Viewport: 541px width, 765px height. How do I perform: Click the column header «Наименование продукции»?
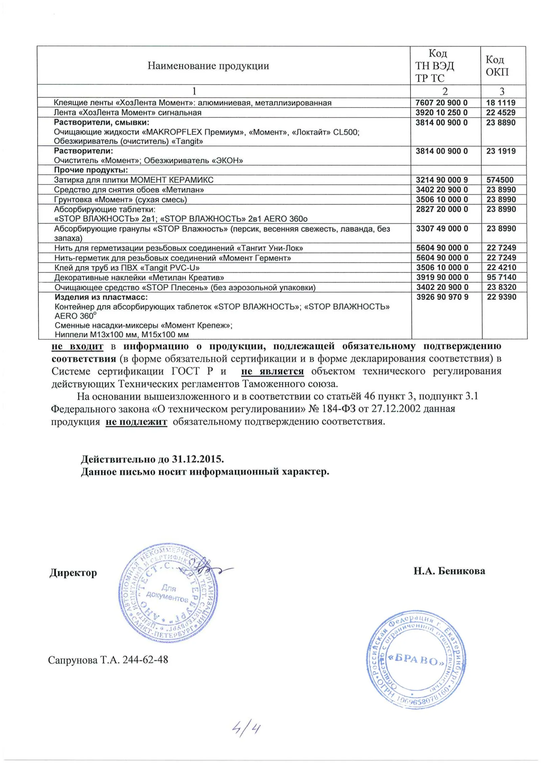(x=208, y=66)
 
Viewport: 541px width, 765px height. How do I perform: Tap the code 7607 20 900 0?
(x=441, y=103)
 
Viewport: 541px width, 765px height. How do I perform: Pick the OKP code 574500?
(x=500, y=180)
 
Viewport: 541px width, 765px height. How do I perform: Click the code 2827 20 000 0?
(x=442, y=209)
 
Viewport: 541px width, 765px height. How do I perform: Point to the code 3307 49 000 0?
(x=442, y=229)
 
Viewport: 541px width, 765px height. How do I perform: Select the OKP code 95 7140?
(x=501, y=277)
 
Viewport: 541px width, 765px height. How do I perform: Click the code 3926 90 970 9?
(x=442, y=297)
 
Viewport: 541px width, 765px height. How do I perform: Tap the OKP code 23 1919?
(x=501, y=151)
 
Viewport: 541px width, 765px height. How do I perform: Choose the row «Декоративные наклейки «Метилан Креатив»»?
(x=139, y=278)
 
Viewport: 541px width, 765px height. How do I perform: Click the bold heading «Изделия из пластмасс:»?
(x=101, y=297)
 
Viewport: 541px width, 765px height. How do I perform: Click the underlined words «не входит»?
(x=77, y=346)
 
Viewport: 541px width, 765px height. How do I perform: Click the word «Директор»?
(x=73, y=573)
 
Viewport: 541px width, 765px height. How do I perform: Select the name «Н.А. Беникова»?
(x=449, y=571)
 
